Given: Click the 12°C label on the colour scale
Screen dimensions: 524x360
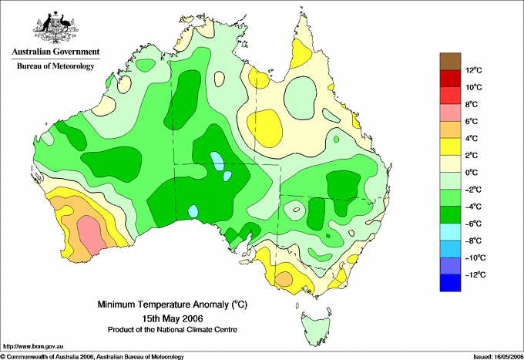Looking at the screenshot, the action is click(x=474, y=70).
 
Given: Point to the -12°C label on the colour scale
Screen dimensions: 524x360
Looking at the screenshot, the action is click(x=475, y=274).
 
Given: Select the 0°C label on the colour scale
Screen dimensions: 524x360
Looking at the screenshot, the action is click(x=472, y=173).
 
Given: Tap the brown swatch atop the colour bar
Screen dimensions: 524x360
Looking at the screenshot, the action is click(x=450, y=62).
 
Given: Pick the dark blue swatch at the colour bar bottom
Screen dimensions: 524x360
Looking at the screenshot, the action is click(x=450, y=283).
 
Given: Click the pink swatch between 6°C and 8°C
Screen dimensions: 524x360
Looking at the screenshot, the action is click(x=450, y=113).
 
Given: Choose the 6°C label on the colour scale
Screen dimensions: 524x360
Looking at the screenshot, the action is click(x=472, y=121).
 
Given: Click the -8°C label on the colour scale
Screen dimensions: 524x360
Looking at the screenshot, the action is click(x=473, y=241).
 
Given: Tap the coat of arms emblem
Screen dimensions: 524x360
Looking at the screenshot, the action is click(x=55, y=28).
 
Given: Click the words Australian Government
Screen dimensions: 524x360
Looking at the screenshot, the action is click(x=55, y=52).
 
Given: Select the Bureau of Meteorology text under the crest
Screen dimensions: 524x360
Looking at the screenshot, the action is click(x=55, y=66).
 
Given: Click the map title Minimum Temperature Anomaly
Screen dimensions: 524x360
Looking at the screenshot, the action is click(x=172, y=304).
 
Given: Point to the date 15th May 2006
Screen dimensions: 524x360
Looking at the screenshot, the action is click(x=173, y=318).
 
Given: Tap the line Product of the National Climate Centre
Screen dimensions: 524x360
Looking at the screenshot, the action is click(x=173, y=330).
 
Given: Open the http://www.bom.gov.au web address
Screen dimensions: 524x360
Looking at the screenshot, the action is click(x=32, y=347).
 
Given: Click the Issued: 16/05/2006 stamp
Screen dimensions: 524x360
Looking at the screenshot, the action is click(x=498, y=357).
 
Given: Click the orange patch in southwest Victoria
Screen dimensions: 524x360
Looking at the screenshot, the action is click(x=284, y=279).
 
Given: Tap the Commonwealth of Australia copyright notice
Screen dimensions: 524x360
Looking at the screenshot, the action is click(x=92, y=357).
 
